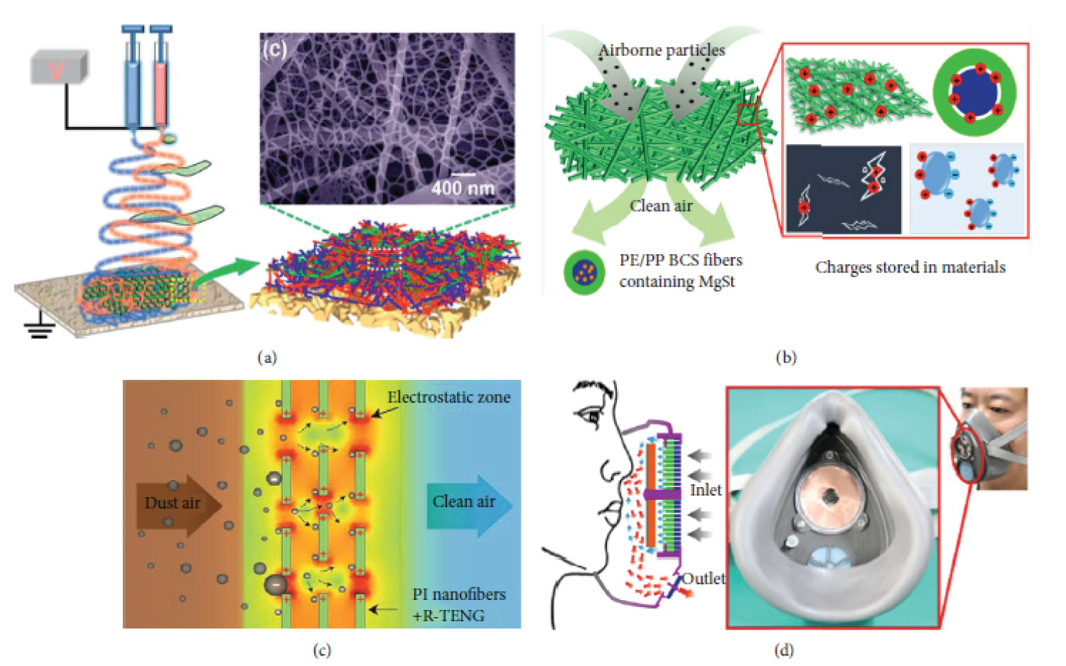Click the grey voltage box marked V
coord(58,67)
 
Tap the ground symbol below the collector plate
coord(39,329)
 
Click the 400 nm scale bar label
coord(462,187)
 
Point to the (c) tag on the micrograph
coord(274,49)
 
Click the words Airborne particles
coord(662,50)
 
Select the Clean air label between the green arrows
coord(661,206)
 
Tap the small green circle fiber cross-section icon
coord(584,272)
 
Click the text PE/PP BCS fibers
coord(680,260)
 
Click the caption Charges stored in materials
coord(910,268)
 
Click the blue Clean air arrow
coord(469,503)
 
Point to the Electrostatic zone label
coord(448,398)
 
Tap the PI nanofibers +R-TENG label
coord(459,605)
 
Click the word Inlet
coord(705,490)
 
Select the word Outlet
coord(704,579)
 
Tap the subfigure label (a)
coord(266,358)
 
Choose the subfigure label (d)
coord(784,650)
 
